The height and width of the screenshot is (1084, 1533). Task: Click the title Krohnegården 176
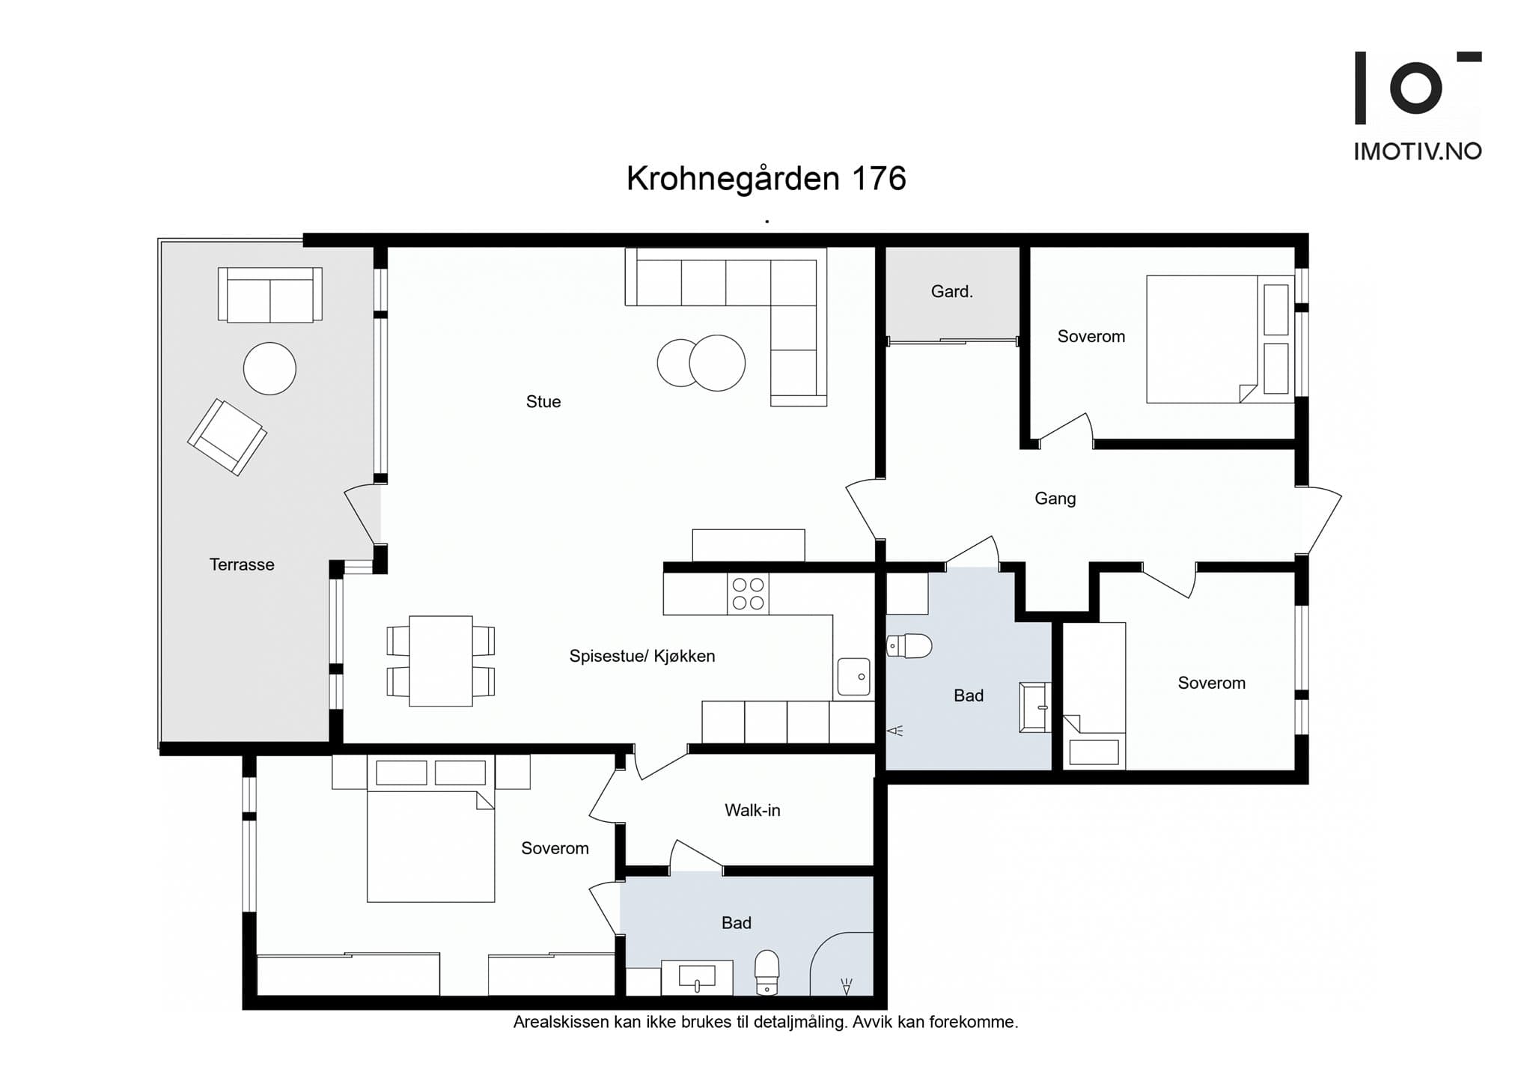pyautogui.click(x=766, y=179)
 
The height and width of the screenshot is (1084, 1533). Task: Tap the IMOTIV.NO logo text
pyautogui.click(x=1417, y=152)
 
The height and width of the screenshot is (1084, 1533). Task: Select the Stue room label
pyautogui.click(x=543, y=402)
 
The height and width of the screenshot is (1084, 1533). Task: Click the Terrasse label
pyautogui.click(x=242, y=564)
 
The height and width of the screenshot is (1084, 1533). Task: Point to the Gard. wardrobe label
pyautogui.click(x=951, y=292)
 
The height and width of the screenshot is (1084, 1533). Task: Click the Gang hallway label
pyautogui.click(x=1055, y=499)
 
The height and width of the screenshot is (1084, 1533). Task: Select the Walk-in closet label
pyautogui.click(x=752, y=810)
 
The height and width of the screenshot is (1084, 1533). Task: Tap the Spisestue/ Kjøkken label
pyautogui.click(x=641, y=657)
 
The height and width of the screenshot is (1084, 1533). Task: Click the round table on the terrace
pyautogui.click(x=269, y=368)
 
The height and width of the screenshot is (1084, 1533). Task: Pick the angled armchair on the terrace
pyautogui.click(x=227, y=437)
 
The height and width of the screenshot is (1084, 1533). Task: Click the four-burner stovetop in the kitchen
pyautogui.click(x=748, y=594)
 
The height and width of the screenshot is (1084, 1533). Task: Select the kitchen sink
pyautogui.click(x=853, y=676)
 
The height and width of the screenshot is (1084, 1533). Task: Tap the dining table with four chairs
pyautogui.click(x=440, y=661)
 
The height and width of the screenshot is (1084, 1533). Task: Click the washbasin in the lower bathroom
pyautogui.click(x=696, y=976)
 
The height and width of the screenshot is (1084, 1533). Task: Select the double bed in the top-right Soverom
pyautogui.click(x=1201, y=339)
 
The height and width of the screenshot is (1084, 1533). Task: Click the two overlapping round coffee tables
pyautogui.click(x=701, y=363)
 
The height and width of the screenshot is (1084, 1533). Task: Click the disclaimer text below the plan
pyautogui.click(x=765, y=1022)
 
